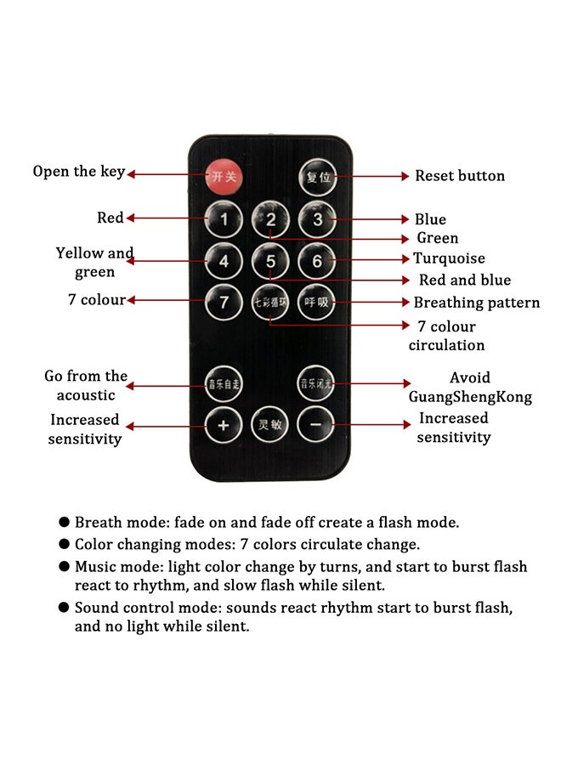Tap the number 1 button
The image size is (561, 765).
224,221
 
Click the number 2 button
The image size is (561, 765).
270,220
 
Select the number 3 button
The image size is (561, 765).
317,219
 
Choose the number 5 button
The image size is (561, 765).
270,261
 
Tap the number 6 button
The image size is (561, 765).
317,261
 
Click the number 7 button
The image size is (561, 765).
224,302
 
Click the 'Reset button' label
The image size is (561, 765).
459,176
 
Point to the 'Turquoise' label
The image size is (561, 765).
449,258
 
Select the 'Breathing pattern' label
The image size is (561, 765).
476,303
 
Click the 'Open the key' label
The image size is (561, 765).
79,172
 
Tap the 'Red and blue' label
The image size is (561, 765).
465,280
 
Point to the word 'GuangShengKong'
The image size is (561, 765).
470,397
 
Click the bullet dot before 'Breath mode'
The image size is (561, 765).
65,523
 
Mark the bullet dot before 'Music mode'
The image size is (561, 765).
65,567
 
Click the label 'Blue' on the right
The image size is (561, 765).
430,219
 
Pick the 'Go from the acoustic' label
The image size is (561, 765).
86,385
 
